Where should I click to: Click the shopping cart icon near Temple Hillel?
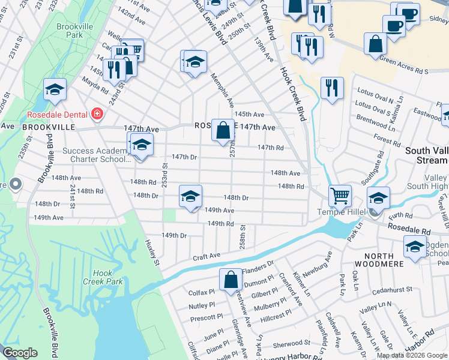pyautogui.click(x=339, y=196)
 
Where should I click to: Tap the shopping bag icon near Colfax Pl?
pyautogui.click(x=231, y=280)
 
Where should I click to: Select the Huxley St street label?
pyautogui.click(x=151, y=252)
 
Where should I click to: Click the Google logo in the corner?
pyautogui.click(x=20, y=353)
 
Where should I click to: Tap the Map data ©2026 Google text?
pyautogui.click(x=411, y=355)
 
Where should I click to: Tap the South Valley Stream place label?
pyautogui.click(x=426, y=155)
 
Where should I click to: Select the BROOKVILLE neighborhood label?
pyautogui.click(x=49, y=128)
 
